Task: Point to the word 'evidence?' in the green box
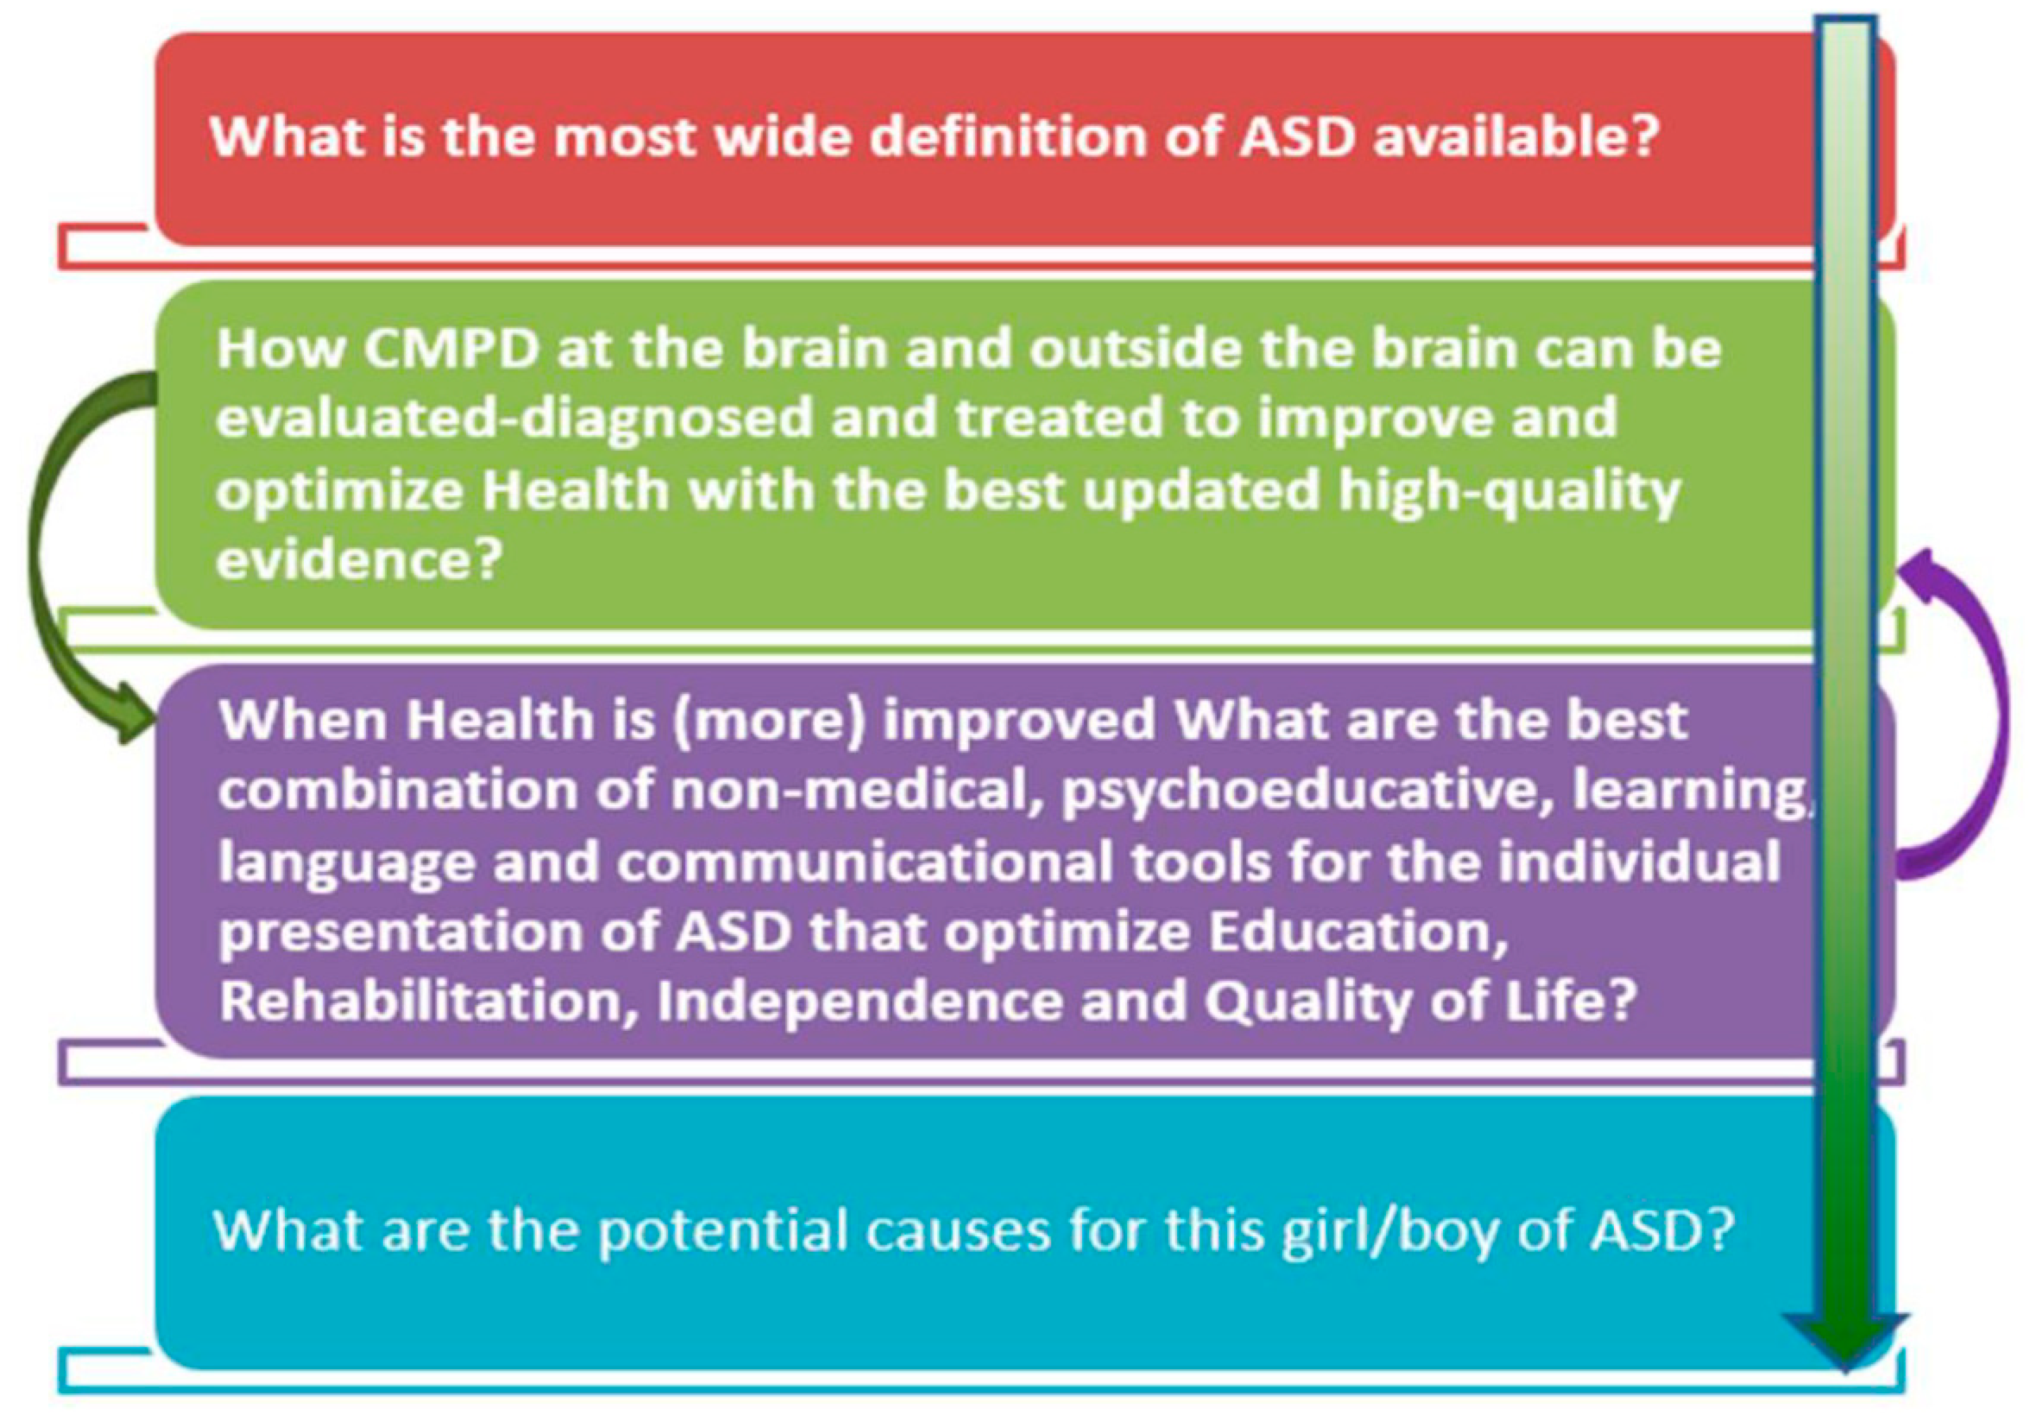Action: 359,559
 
